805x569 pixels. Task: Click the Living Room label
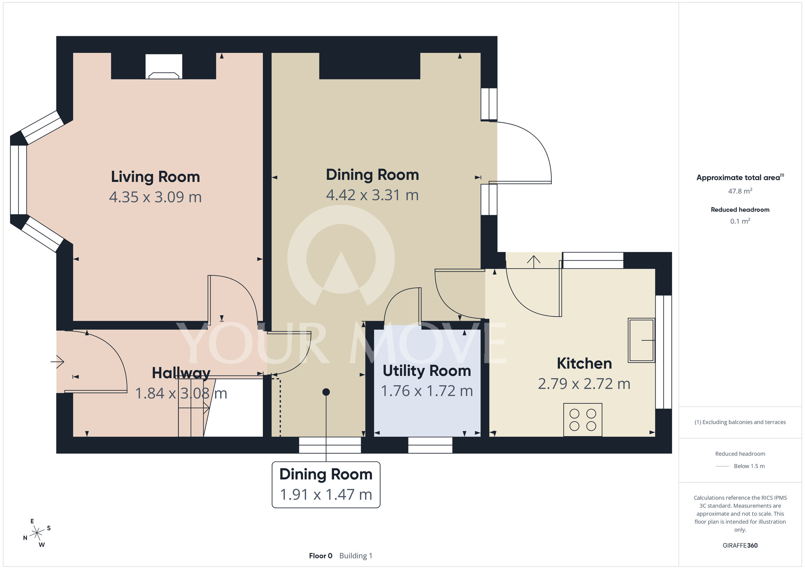(x=155, y=177)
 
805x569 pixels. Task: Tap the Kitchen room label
(x=584, y=363)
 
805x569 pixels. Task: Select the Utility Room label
(x=427, y=371)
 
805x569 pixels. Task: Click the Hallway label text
(x=181, y=373)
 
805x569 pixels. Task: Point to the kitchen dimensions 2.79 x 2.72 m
(x=584, y=384)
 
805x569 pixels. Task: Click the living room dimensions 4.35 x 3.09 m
(x=155, y=197)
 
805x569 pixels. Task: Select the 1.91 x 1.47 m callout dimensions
(x=326, y=495)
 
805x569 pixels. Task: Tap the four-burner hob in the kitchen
(x=583, y=420)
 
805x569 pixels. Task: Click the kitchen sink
(x=642, y=340)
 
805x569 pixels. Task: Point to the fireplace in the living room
(x=164, y=67)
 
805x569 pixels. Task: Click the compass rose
(x=37, y=533)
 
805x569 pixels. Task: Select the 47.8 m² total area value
(x=740, y=191)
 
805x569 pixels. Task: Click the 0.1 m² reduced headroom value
(x=740, y=221)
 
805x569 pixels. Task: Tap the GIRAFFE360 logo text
(x=740, y=546)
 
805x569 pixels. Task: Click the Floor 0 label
(x=321, y=556)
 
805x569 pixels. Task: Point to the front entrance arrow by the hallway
(x=57, y=362)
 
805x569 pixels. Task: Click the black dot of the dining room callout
(x=326, y=392)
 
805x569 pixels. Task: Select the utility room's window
(x=430, y=445)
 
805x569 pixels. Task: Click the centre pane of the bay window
(x=19, y=180)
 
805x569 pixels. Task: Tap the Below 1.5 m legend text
(x=749, y=466)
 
